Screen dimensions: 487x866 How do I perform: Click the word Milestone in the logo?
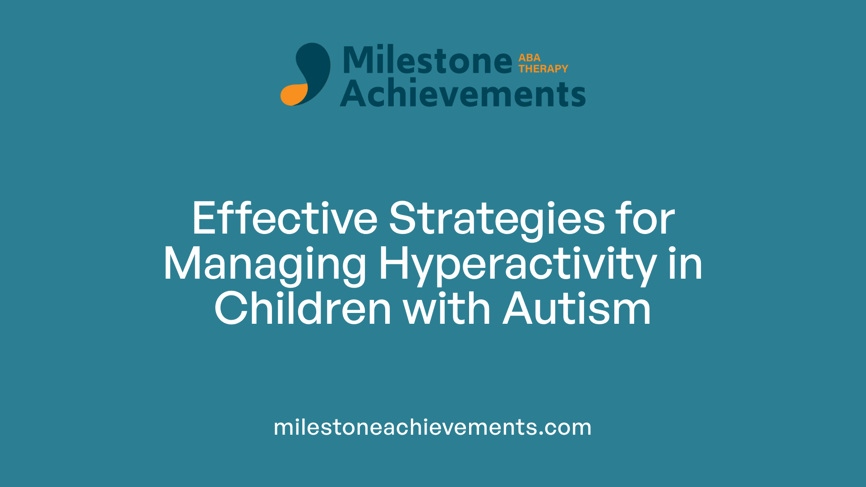[428, 60]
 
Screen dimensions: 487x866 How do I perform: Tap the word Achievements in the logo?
[463, 94]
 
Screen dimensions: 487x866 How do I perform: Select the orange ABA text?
[529, 58]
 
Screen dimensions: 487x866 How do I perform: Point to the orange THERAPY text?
[543, 69]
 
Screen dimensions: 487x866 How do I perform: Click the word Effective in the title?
[285, 219]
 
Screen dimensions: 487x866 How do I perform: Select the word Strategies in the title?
[497, 219]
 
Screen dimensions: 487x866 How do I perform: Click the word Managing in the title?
[265, 265]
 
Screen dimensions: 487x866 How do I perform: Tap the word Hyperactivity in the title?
[517, 265]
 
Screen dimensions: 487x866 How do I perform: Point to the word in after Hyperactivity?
[685, 265]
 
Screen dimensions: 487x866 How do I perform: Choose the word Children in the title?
[303, 309]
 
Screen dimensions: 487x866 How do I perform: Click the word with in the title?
[447, 309]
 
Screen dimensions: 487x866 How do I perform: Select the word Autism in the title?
[577, 309]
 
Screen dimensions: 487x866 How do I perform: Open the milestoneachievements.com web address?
[432, 427]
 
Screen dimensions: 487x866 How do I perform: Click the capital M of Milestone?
[358, 60]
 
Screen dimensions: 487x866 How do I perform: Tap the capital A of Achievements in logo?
[354, 94]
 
